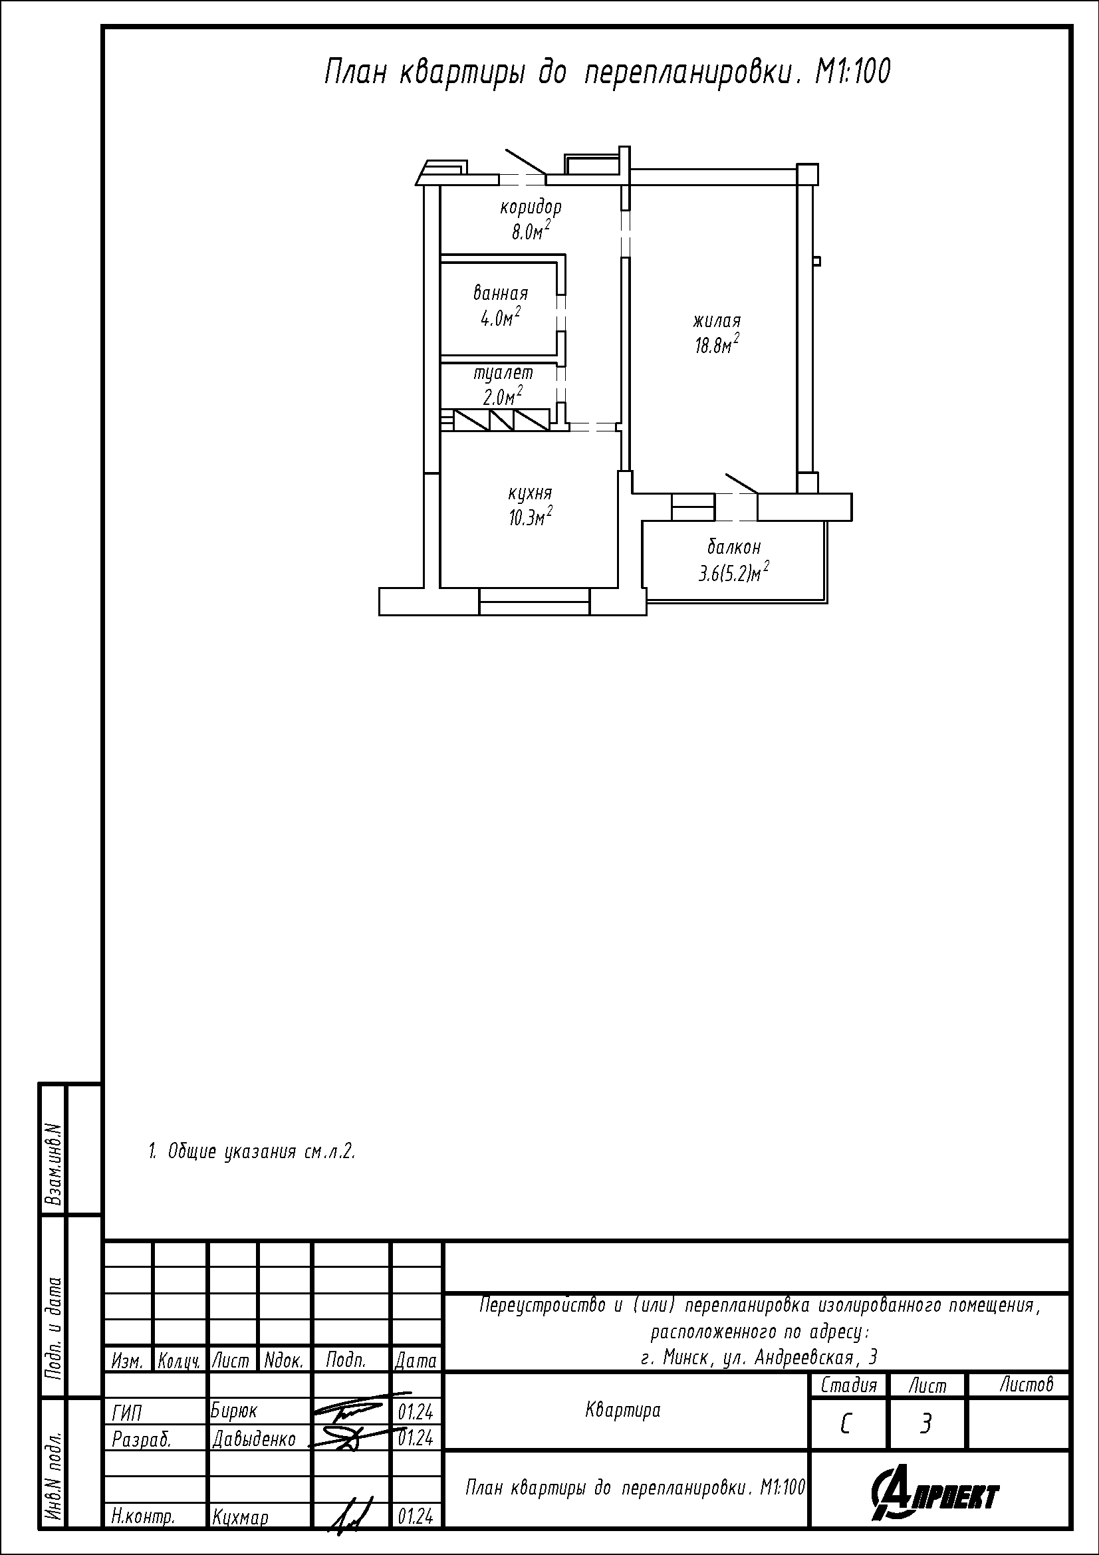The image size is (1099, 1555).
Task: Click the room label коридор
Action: (531, 207)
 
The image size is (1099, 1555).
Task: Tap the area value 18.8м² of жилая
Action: (716, 346)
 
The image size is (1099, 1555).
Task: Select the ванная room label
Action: (501, 293)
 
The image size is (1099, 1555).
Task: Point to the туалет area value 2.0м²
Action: (503, 396)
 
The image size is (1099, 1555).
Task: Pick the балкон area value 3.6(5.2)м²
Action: (734, 573)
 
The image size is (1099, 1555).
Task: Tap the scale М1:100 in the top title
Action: (852, 72)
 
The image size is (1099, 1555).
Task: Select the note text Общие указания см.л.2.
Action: (261, 1151)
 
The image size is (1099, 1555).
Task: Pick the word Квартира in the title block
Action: (623, 1410)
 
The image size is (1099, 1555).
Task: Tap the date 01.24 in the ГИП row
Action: (416, 1412)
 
